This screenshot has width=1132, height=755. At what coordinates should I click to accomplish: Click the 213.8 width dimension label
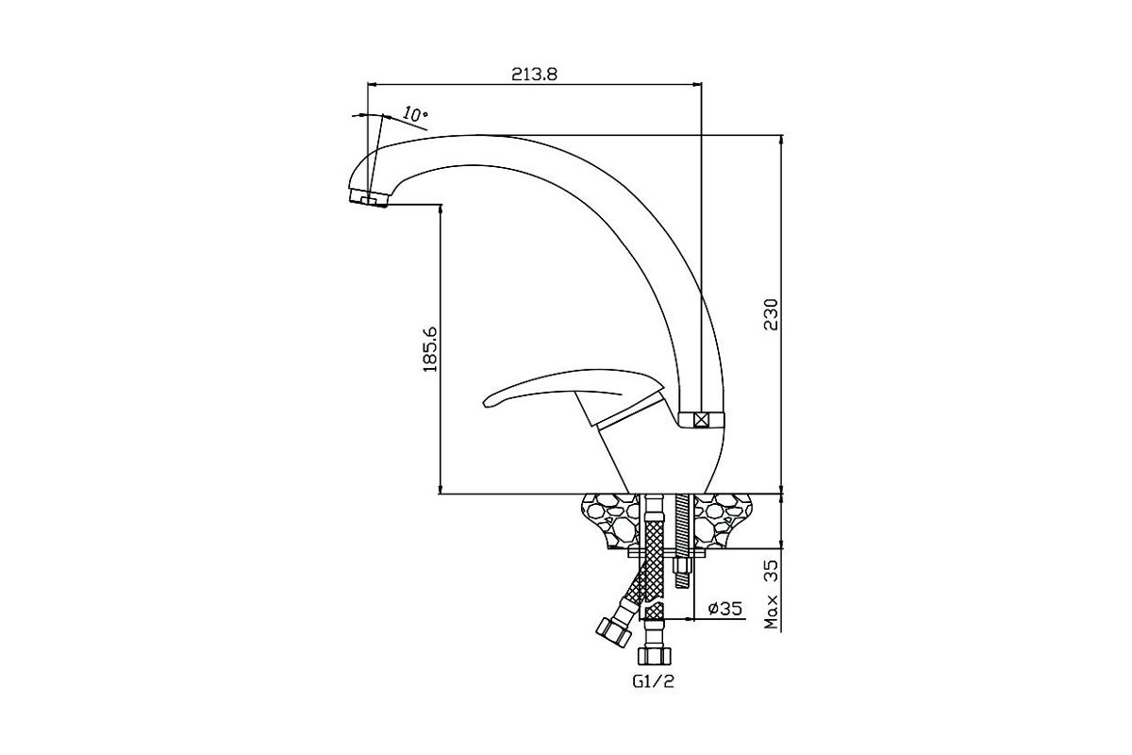[534, 75]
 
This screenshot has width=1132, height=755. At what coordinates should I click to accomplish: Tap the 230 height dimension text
[771, 314]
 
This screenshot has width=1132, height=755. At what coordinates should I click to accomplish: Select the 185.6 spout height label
[429, 349]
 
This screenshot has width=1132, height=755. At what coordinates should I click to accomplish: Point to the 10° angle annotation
[415, 114]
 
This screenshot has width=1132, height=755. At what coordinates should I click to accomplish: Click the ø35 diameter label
[725, 608]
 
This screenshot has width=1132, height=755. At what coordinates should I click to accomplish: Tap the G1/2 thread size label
[653, 681]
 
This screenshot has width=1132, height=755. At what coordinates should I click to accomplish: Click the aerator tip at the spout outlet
[369, 199]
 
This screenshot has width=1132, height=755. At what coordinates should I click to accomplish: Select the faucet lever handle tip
[487, 402]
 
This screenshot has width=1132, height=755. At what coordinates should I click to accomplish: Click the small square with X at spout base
[700, 420]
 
